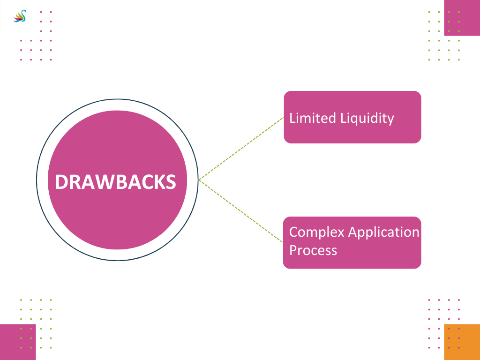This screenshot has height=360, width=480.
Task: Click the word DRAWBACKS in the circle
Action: [x=115, y=182]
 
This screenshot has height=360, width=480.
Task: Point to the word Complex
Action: [x=315, y=232]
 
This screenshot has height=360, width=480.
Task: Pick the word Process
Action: [x=313, y=250]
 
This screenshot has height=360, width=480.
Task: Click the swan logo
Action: [x=20, y=16]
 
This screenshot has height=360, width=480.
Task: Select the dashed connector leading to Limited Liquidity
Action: [x=241, y=149]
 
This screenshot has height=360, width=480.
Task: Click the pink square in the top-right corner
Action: [x=462, y=17]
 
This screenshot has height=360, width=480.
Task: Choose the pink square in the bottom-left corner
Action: [x=17, y=342]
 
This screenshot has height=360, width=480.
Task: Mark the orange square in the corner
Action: [x=462, y=342]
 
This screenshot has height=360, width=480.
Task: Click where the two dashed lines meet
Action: [x=199, y=180]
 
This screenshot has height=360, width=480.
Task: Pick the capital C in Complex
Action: [x=294, y=232]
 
